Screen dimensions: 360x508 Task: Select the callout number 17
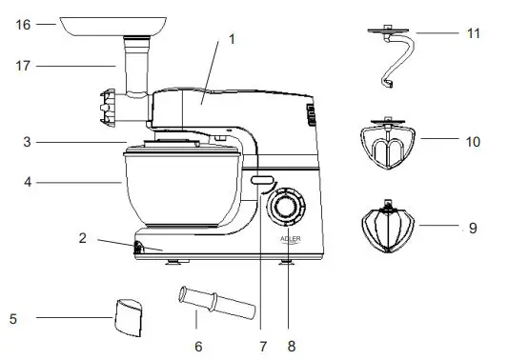23,66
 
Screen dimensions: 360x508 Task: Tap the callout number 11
473,33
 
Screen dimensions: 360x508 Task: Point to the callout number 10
473,141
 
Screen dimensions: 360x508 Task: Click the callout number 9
473,228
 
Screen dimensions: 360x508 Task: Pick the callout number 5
12,318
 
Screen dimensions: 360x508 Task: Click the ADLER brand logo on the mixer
292,240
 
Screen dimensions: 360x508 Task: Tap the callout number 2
83,237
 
